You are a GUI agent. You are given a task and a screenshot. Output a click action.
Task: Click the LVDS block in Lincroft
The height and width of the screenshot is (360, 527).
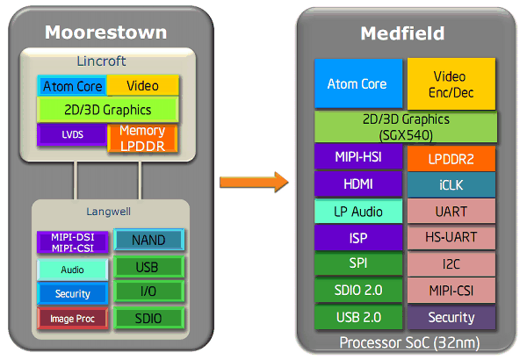coord(71,135)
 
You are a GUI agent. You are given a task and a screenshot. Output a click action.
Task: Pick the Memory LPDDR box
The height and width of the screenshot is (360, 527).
coord(141,138)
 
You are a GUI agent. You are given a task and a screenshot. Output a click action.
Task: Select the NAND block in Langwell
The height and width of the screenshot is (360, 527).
coord(148,240)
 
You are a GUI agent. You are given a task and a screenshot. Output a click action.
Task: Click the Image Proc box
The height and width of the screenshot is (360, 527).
coord(72,318)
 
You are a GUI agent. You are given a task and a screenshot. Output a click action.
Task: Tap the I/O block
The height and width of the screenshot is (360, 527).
coord(148,292)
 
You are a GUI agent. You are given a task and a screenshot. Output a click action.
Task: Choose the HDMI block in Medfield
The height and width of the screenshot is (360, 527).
coord(357,184)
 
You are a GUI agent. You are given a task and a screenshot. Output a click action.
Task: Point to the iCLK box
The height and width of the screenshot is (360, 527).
coord(451,185)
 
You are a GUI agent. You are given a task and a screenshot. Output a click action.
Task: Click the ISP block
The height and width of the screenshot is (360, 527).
coord(357,237)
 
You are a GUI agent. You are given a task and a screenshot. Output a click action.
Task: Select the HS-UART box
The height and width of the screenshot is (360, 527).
coord(451,238)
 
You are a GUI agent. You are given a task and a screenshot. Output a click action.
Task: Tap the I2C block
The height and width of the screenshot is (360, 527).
coord(451,263)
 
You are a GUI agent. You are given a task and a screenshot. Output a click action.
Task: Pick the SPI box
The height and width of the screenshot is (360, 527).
coord(357,263)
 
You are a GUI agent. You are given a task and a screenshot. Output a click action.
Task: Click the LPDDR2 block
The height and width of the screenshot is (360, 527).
coord(451,159)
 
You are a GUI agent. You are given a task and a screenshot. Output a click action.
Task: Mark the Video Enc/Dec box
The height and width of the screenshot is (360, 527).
coord(451,84)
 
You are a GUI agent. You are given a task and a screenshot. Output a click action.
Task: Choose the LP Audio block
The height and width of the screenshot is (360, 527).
coord(357,211)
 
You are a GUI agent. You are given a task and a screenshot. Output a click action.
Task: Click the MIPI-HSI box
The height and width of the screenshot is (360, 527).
coord(357,158)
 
